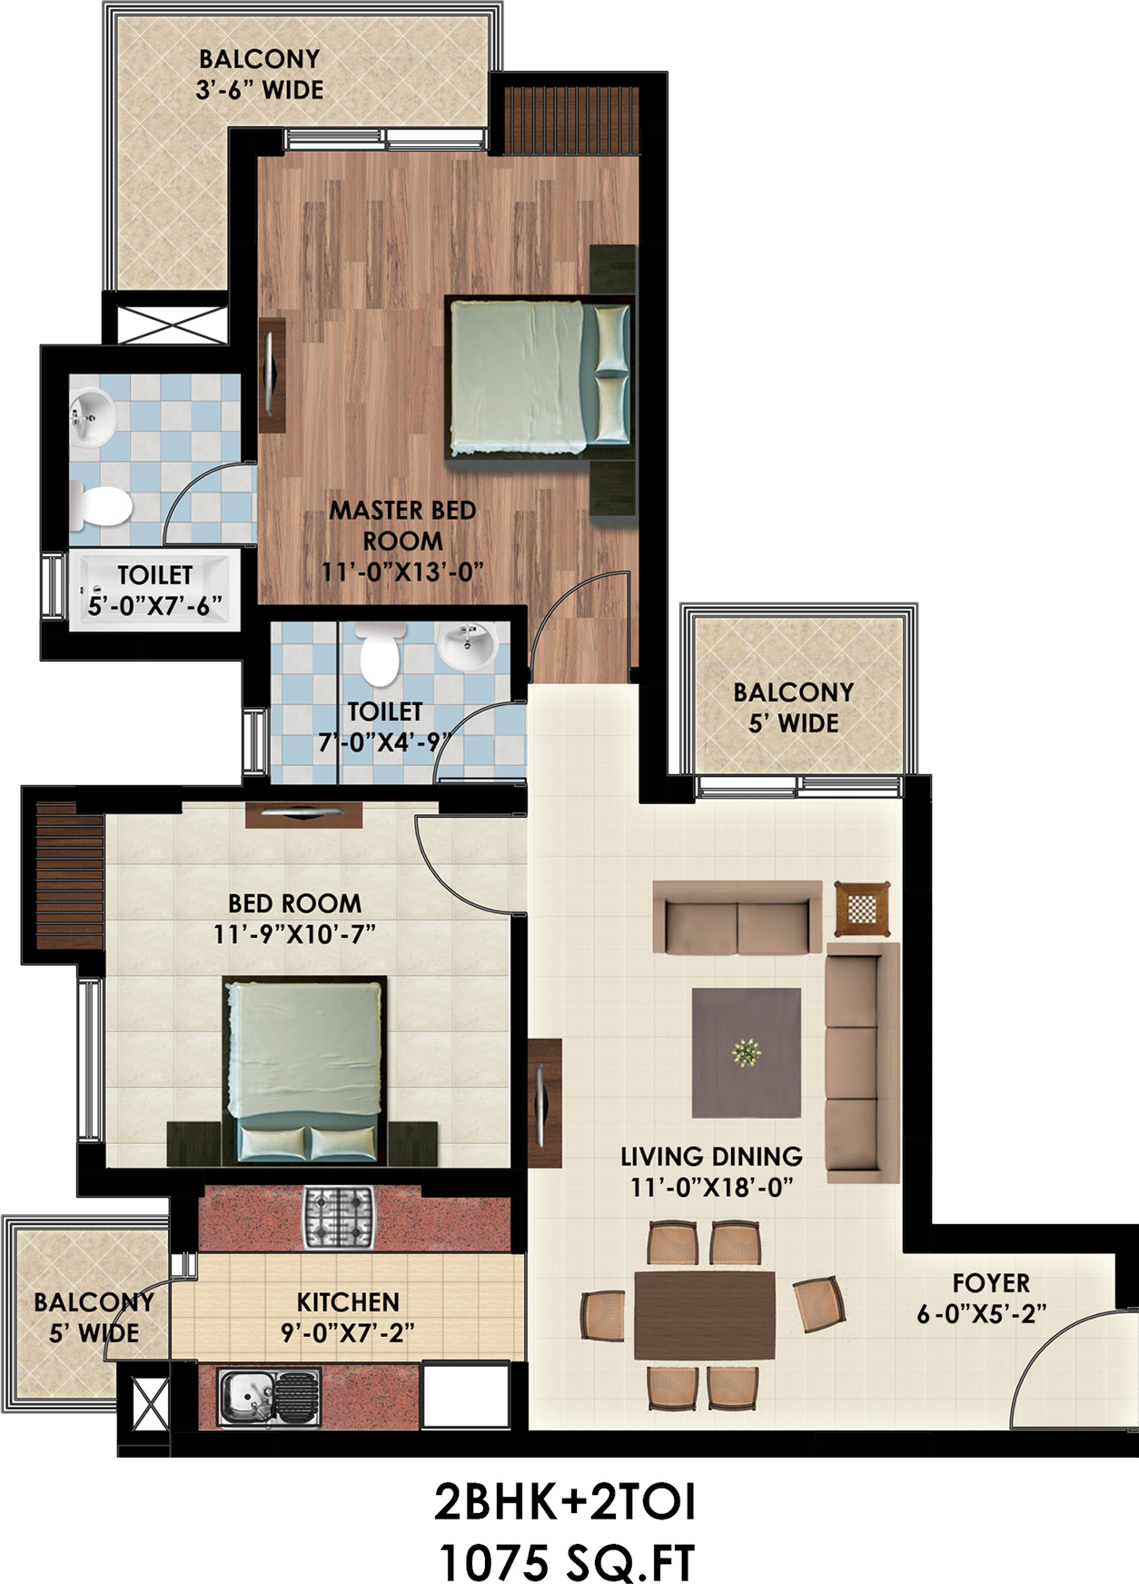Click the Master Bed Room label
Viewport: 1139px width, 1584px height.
pyautogui.click(x=402, y=541)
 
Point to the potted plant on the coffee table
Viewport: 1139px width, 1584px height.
pyautogui.click(x=746, y=1053)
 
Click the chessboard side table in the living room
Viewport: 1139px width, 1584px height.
pyautogui.click(x=862, y=908)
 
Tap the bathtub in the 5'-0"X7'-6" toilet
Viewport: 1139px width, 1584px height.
pyautogui.click(x=154, y=589)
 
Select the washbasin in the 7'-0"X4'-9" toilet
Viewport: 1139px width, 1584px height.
pyautogui.click(x=467, y=643)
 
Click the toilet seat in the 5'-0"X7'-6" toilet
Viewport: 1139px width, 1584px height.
pyautogui.click(x=102, y=505)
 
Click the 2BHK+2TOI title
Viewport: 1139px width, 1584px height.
pyautogui.click(x=565, y=1502)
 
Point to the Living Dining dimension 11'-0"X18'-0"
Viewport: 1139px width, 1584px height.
pyautogui.click(x=712, y=1187)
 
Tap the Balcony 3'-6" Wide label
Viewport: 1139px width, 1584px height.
pyautogui.click(x=260, y=75)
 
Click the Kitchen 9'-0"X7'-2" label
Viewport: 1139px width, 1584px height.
pyautogui.click(x=348, y=1317)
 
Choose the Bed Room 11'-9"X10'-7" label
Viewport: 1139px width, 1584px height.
pyautogui.click(x=294, y=918)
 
